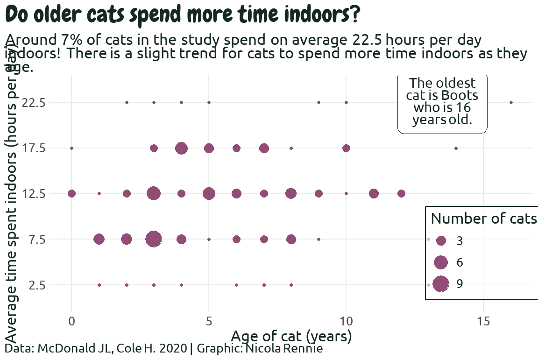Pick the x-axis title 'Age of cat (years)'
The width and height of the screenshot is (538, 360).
point(291,336)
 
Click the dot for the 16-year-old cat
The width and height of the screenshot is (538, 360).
point(511,102)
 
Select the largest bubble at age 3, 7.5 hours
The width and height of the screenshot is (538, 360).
point(154,239)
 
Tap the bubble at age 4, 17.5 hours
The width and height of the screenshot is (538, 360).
point(181,148)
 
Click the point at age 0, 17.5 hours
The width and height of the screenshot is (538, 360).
point(71,148)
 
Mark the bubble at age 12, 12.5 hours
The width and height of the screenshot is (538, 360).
point(401,193)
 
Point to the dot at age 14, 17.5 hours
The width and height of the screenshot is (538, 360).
point(456,148)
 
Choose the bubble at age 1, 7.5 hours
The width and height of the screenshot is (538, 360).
point(99,239)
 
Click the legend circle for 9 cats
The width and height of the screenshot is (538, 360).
point(441,284)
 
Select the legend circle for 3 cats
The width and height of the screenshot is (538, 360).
point(441,240)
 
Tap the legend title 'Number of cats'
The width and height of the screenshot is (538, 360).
point(483,218)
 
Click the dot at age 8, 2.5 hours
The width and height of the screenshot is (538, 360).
point(291,285)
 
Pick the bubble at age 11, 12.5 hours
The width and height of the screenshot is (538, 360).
point(374,193)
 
